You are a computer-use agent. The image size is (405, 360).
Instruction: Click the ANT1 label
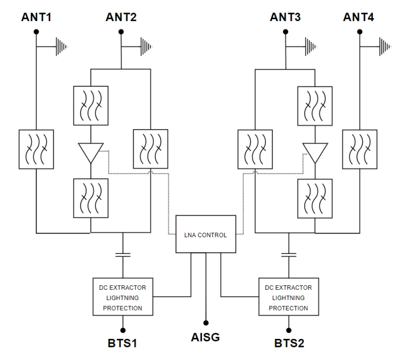coord(36,18)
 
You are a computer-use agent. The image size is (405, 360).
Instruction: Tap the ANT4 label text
coord(358,18)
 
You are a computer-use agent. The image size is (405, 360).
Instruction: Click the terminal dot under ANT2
coord(121,31)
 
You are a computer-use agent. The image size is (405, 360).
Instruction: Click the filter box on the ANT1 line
coord(36,149)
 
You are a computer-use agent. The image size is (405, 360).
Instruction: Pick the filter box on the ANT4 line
coord(359,149)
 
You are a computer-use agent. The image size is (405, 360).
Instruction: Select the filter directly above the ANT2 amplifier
coord(91,106)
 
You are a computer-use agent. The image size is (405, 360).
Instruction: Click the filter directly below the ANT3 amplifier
coord(315,198)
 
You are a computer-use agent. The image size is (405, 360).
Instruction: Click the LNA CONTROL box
coord(206,235)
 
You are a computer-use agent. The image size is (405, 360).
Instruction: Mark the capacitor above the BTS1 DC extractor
coord(122,255)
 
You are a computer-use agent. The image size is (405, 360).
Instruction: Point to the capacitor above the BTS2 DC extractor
coord(288,255)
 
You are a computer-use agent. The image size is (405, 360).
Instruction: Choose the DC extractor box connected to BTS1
coord(122,297)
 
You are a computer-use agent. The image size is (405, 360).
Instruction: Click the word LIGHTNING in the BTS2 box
coord(288,298)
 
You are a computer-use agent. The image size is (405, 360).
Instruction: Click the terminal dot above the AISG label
coord(206,323)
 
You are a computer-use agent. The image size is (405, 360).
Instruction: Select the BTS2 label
coord(288,343)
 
